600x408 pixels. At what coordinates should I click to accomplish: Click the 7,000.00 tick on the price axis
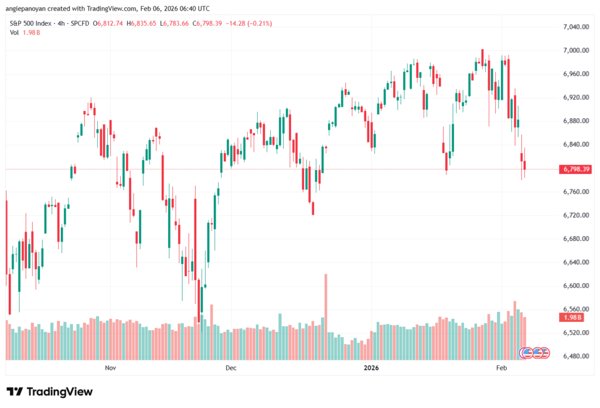coord(575,50)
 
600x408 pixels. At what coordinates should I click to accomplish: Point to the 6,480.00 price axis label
coord(575,356)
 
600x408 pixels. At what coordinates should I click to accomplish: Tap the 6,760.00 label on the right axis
coord(575,192)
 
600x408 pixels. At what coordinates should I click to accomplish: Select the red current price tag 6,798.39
coord(575,169)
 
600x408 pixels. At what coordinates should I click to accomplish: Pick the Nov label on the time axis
coord(110,368)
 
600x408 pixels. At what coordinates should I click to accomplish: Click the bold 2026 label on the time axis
coord(371,368)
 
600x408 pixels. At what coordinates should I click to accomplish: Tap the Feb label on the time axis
coord(501,368)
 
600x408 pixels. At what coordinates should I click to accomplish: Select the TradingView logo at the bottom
coord(50,392)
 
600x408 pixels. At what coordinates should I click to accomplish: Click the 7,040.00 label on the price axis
coord(575,27)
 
